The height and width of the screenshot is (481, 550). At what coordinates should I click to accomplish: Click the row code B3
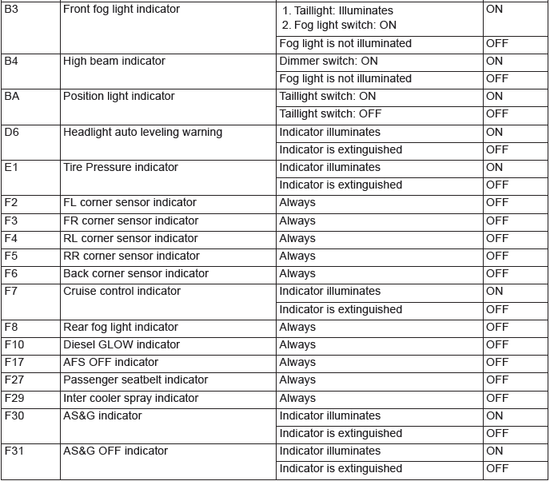[11, 10]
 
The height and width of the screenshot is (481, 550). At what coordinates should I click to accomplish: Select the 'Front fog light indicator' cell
[122, 10]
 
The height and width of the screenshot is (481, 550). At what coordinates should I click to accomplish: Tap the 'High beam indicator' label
[114, 61]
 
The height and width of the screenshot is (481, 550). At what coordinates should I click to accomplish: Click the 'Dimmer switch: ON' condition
[329, 61]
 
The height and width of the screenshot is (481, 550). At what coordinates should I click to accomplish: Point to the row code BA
[12, 96]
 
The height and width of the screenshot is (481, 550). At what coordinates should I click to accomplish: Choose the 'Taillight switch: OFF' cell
[330, 113]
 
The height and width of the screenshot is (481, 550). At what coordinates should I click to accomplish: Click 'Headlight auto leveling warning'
[142, 132]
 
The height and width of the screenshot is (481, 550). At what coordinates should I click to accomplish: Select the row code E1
[10, 167]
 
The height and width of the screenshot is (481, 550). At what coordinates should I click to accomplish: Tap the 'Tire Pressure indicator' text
[121, 167]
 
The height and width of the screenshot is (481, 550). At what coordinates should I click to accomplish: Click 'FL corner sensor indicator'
[130, 202]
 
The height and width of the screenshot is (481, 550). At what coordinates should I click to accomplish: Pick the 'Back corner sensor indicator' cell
[136, 273]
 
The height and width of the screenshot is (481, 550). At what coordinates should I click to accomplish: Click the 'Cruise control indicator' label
[122, 291]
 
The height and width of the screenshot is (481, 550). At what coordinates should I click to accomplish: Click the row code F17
[14, 362]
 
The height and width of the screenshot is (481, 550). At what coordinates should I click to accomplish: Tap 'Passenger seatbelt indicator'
[135, 380]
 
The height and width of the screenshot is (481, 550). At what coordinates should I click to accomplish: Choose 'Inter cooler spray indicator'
[130, 398]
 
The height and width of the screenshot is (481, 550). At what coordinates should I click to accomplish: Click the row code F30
[14, 415]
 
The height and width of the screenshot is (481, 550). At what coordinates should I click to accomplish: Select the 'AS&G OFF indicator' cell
[115, 451]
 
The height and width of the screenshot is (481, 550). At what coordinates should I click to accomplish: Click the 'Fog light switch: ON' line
[340, 26]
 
